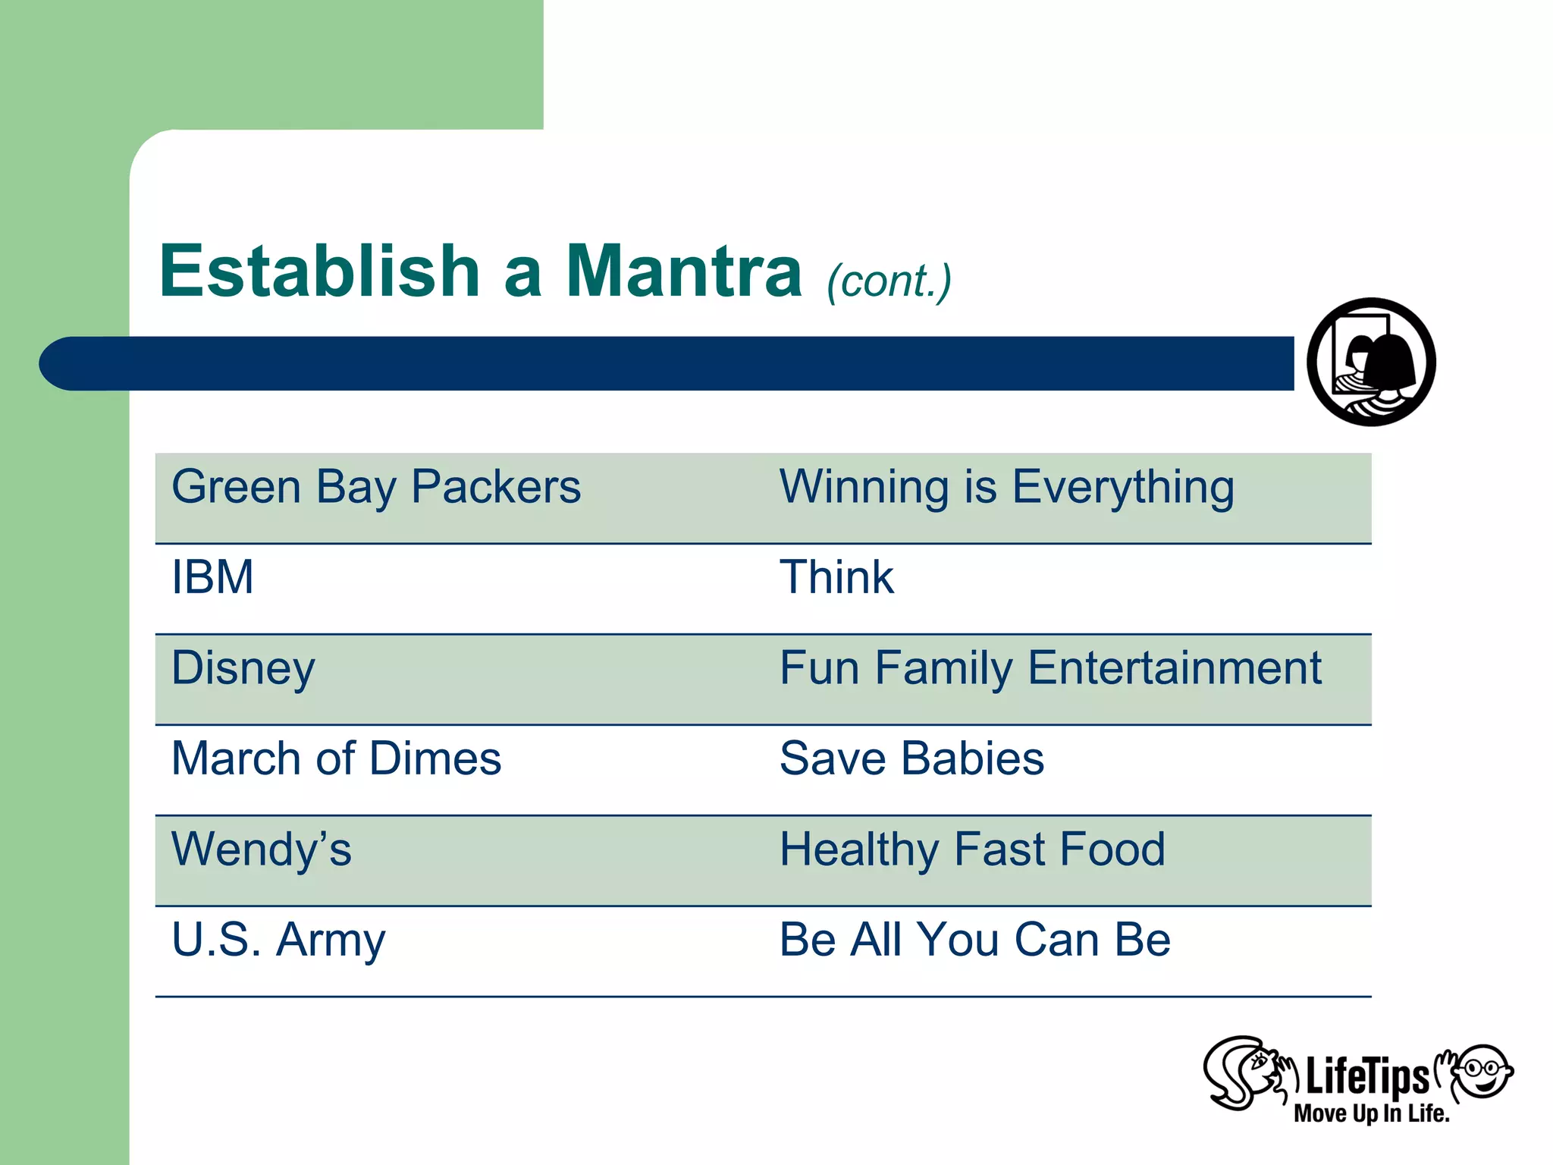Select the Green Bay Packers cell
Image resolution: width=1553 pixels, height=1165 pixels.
(x=376, y=487)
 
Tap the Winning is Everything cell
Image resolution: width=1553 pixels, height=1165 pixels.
(x=1007, y=487)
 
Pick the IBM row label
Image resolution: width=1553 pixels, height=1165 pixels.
(x=212, y=577)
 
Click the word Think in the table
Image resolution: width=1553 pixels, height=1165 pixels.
(x=836, y=577)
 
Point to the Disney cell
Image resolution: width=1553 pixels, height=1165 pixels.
(x=243, y=669)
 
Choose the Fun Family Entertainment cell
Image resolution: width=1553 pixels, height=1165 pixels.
(x=1050, y=669)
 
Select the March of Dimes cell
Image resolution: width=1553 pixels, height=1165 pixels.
(x=337, y=758)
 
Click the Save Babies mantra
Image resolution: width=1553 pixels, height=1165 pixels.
(x=911, y=758)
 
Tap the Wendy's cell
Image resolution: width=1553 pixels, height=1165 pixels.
(x=262, y=849)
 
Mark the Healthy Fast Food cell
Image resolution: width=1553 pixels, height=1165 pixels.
(x=972, y=849)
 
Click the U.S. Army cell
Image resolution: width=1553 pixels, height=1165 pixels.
(x=278, y=940)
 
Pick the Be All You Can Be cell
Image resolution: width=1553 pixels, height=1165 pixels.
(x=975, y=940)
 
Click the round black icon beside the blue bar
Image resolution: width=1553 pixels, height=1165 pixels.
(x=1371, y=362)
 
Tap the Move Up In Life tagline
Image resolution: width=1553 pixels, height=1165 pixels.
(x=1371, y=1113)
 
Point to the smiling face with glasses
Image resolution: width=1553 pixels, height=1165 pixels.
(x=1484, y=1071)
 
